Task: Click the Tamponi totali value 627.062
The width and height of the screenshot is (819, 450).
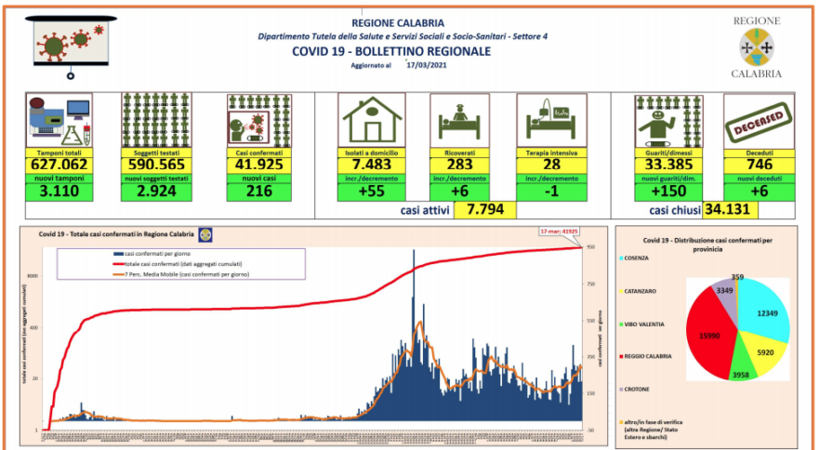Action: (x=58, y=165)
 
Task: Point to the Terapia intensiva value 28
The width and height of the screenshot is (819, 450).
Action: (x=551, y=165)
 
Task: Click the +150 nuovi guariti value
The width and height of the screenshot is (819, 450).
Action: (x=666, y=192)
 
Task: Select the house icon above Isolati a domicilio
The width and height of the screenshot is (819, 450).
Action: (x=372, y=120)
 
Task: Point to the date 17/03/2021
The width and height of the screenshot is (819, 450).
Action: (x=428, y=66)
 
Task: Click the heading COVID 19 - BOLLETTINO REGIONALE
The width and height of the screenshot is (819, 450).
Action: (x=390, y=51)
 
